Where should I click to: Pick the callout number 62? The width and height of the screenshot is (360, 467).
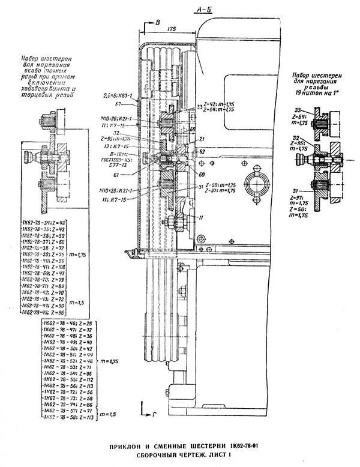[202, 152]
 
